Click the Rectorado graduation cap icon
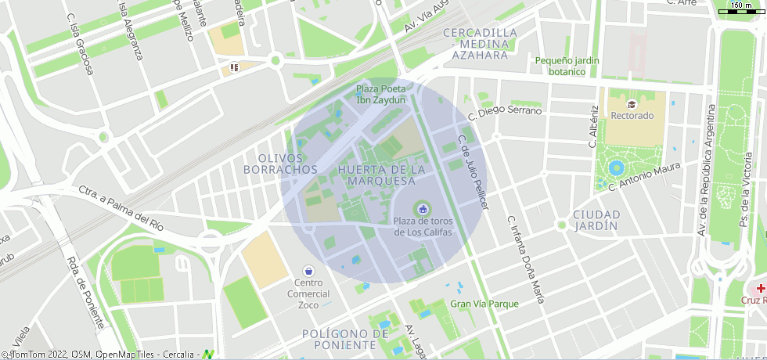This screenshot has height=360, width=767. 632,103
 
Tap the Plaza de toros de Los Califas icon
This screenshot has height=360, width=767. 423,208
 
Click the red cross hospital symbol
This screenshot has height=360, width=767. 760,288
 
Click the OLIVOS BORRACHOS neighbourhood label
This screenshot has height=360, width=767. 280,164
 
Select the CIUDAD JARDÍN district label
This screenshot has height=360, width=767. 596,220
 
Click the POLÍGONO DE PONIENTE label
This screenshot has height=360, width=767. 345,339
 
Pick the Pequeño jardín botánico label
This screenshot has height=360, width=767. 567,66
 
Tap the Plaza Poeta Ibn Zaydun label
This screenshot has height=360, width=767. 381,95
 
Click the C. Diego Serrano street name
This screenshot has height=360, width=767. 504,111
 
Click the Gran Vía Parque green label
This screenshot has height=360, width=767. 484,304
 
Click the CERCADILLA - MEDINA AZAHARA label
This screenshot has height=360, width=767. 480,44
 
